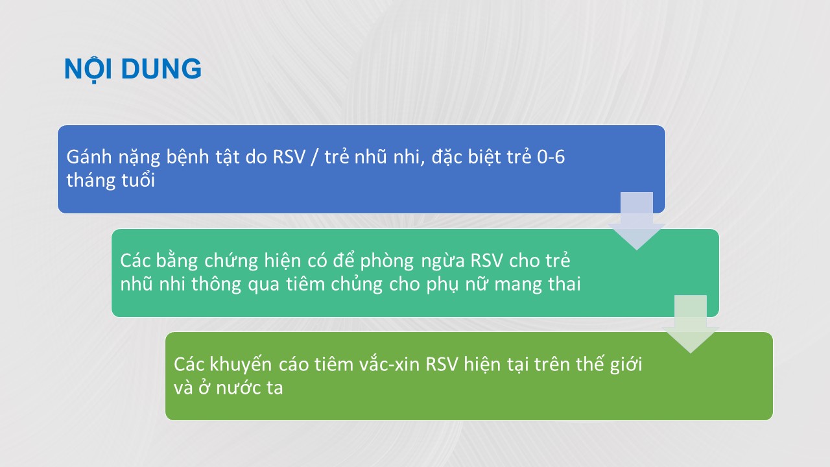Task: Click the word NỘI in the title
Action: [x=88, y=69]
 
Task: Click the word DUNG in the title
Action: [x=161, y=69]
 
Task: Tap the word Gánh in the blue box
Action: [x=89, y=157]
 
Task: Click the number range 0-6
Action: [x=551, y=157]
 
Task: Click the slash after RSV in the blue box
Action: [x=315, y=157]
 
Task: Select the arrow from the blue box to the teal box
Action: [x=637, y=221]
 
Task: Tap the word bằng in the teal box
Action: [x=177, y=261]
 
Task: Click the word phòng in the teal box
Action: [x=386, y=261]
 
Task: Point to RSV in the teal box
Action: [x=486, y=261]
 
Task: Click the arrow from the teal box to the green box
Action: [x=691, y=324]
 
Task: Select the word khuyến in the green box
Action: [x=241, y=365]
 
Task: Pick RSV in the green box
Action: [x=442, y=365]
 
